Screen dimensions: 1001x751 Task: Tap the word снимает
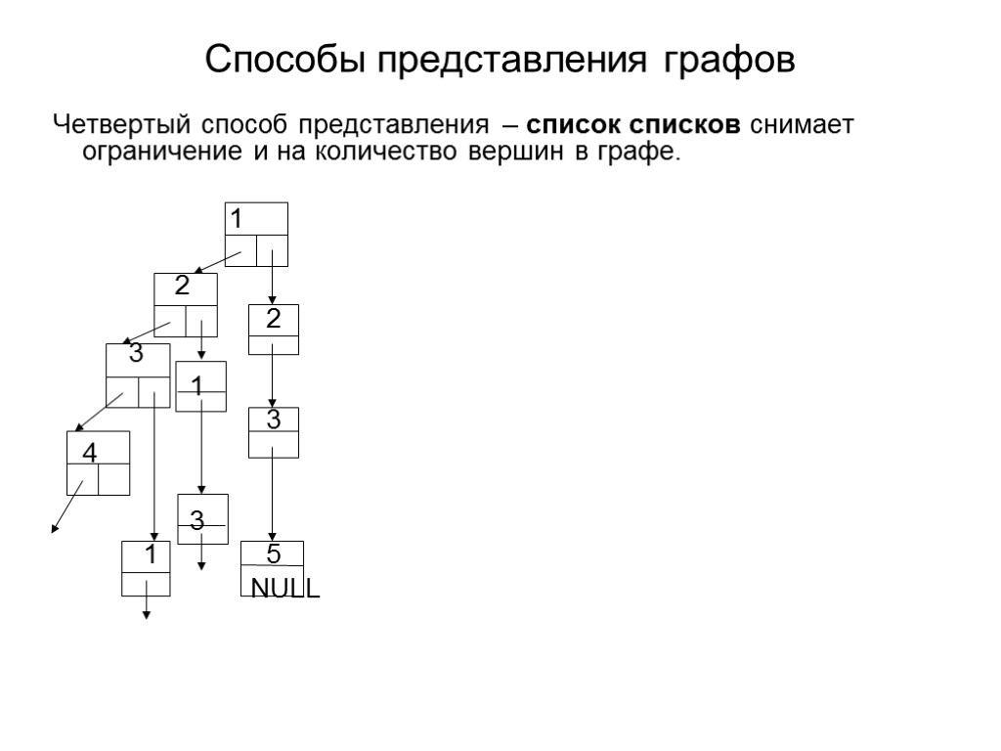click(x=802, y=126)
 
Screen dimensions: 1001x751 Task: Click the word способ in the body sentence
click(x=245, y=126)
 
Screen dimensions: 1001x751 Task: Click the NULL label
click(x=285, y=589)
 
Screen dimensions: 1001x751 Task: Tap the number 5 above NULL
click(x=274, y=554)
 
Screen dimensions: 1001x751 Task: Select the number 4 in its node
click(x=89, y=455)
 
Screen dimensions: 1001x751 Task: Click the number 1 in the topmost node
click(x=236, y=215)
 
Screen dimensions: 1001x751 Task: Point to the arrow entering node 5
click(x=273, y=499)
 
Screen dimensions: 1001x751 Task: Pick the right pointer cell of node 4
click(x=113, y=479)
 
